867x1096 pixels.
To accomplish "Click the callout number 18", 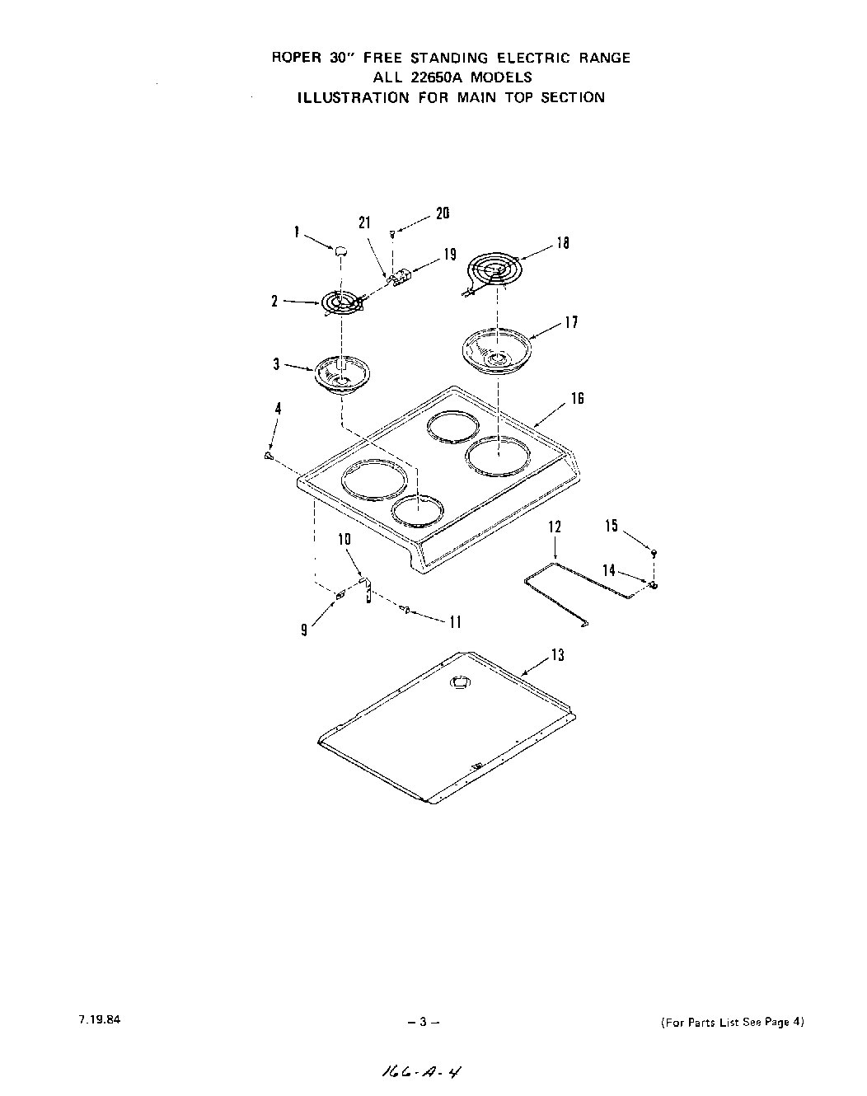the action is pyautogui.click(x=563, y=243).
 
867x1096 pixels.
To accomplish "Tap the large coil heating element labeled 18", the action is pyautogui.click(x=495, y=271).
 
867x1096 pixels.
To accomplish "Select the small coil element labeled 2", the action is pyautogui.click(x=340, y=304).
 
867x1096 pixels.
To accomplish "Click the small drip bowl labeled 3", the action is pyautogui.click(x=340, y=375).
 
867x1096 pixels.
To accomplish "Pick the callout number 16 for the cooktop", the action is pyautogui.click(x=577, y=399).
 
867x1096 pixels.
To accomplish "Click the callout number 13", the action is pyautogui.click(x=558, y=655).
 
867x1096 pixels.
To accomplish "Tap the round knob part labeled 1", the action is pyautogui.click(x=340, y=249).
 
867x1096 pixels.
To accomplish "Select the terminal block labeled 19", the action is pyautogui.click(x=401, y=278).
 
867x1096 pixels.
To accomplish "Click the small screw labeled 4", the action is pyautogui.click(x=269, y=455).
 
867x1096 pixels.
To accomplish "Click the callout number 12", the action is pyautogui.click(x=555, y=527).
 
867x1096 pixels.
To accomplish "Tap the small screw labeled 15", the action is pyautogui.click(x=654, y=551).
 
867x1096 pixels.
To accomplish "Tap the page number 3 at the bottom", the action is pyautogui.click(x=421, y=1023).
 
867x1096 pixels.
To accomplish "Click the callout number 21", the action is pyautogui.click(x=365, y=222).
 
